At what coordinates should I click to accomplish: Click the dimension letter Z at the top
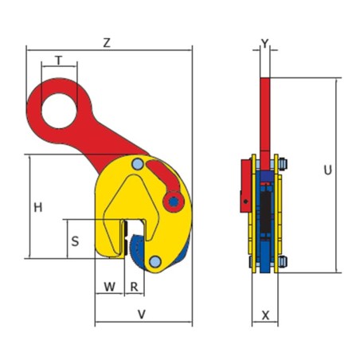click(106, 43)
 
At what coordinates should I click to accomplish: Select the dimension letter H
click(38, 208)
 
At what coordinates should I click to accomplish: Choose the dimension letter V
click(142, 315)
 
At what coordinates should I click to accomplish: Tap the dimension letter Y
click(266, 43)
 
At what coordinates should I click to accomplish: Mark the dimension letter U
click(327, 170)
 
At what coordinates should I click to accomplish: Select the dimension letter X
click(265, 315)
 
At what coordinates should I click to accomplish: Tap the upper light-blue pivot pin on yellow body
click(139, 165)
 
